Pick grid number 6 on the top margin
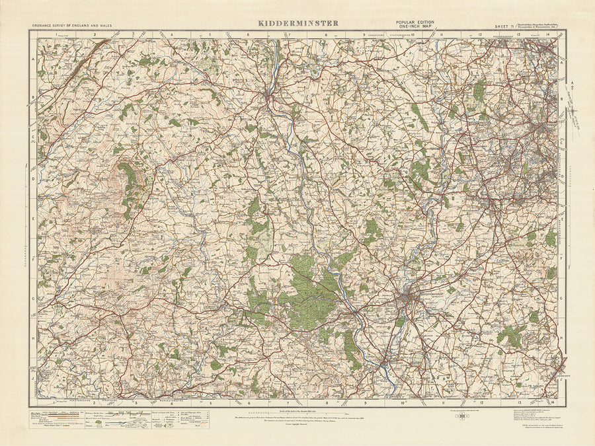click(249, 34)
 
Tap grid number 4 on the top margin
click(171, 34)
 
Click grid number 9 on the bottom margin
click(364, 402)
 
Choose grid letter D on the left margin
click(32, 178)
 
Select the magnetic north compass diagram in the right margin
click(575, 106)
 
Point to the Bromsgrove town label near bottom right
click(559, 382)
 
